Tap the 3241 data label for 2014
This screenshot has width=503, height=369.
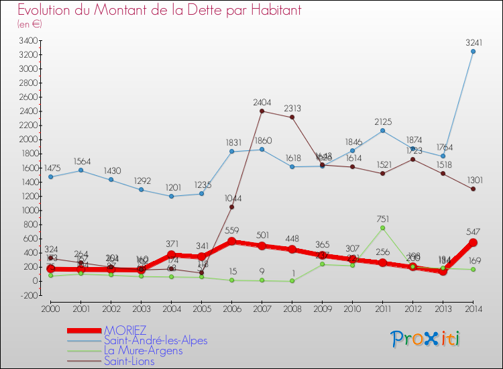[x=473, y=42]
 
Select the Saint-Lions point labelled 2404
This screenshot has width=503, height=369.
[x=262, y=111]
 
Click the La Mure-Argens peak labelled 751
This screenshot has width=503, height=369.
[x=383, y=228]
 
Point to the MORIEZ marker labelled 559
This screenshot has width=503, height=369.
[x=232, y=242]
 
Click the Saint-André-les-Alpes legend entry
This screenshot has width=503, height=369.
[x=156, y=341]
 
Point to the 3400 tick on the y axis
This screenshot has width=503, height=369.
[x=27, y=40]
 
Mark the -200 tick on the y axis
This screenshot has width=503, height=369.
[x=27, y=295]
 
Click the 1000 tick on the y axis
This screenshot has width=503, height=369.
[x=27, y=210]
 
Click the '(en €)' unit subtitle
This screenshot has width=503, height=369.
[x=30, y=24]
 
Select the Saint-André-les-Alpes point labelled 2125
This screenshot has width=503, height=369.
[x=383, y=130]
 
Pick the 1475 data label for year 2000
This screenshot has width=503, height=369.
[x=51, y=167]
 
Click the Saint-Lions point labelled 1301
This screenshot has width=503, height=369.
[x=473, y=189]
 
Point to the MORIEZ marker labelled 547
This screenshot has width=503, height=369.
[x=473, y=242]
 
